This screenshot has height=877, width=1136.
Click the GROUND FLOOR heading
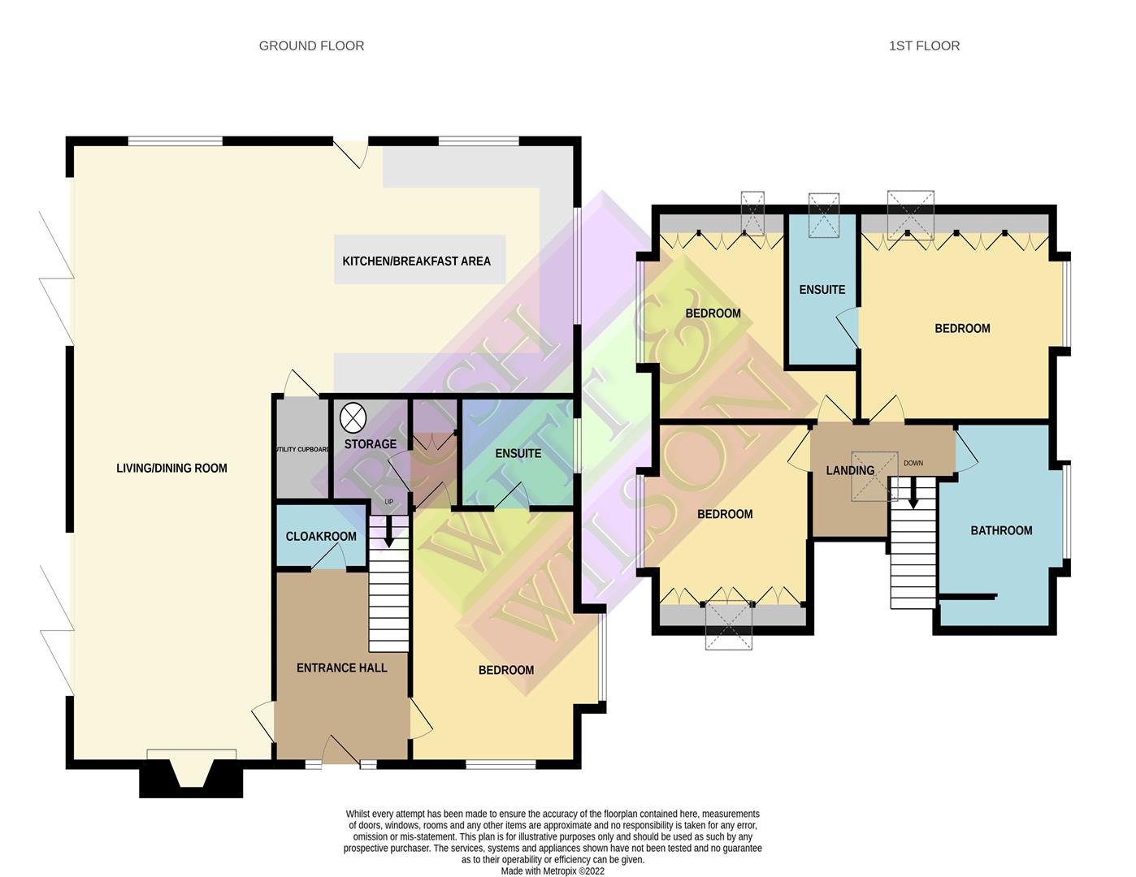[311, 46]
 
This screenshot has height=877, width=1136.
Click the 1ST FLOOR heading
[924, 46]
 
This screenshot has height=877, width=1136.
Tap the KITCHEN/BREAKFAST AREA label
[417, 261]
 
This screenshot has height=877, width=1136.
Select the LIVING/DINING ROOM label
[172, 468]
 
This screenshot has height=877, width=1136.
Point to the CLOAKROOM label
[321, 537]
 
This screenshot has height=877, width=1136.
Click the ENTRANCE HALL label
[342, 667]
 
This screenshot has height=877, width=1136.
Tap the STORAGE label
[370, 444]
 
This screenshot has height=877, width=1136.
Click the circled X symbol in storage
[353, 418]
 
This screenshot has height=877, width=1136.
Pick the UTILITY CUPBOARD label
[303, 449]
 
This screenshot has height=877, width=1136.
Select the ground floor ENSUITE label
[518, 453]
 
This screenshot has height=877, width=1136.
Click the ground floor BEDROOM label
[506, 670]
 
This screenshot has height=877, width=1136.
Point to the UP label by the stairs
[389, 502]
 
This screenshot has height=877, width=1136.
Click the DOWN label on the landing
[913, 464]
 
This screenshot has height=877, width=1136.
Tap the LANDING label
[850, 470]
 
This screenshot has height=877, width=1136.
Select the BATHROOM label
[1002, 531]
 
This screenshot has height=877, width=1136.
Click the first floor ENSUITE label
[822, 289]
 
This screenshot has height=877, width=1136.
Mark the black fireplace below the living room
[191, 783]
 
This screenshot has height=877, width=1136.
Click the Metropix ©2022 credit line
[553, 871]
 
